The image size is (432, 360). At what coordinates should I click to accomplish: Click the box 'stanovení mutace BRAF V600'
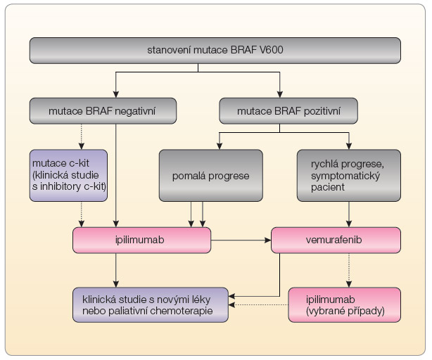215,51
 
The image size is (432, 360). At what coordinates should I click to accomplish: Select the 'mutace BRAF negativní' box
103,111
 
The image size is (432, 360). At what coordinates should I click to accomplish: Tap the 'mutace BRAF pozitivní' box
288,111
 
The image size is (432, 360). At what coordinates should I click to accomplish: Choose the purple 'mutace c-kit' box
68,176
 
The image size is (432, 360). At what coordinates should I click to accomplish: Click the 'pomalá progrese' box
211,176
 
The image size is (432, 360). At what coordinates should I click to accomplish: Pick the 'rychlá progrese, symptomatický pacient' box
349,176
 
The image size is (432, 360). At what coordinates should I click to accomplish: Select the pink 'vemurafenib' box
336,240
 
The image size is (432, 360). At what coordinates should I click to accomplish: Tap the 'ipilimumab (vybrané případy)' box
344,305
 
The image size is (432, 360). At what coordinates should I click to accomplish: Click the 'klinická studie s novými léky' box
151,305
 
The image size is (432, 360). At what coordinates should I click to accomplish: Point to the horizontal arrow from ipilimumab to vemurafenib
241,240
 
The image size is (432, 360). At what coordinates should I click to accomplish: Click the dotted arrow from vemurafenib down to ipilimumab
349,271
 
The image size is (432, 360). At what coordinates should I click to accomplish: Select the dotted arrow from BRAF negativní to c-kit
82,137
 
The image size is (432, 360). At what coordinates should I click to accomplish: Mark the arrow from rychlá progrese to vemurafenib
349,214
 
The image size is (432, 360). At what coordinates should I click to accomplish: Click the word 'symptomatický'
345,176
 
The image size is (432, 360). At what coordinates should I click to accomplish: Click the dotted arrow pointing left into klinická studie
258,305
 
